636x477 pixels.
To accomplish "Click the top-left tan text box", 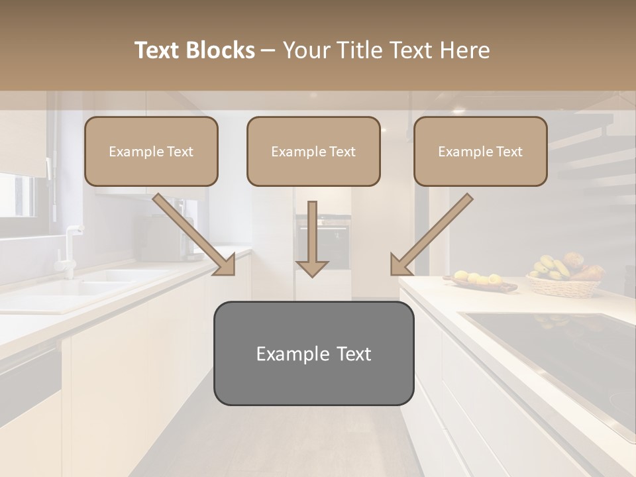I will click(151, 151).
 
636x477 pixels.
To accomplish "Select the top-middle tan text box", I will click(313, 151).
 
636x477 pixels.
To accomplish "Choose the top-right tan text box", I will click(480, 151).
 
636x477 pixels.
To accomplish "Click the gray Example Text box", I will click(313, 353).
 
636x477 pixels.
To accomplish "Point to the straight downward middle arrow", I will click(312, 238).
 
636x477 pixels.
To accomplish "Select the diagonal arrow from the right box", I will click(431, 235).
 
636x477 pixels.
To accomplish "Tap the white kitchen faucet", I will click(69, 248).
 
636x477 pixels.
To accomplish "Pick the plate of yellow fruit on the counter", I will click(480, 282).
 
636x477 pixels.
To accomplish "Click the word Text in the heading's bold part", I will click(158, 50).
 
